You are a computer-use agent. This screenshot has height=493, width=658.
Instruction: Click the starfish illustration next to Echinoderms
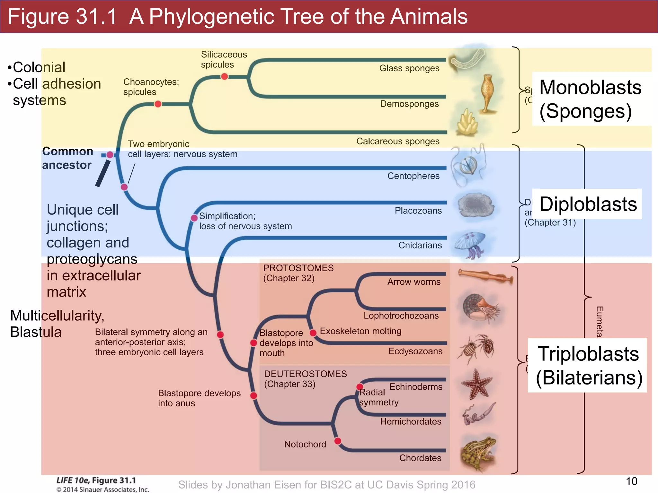(477, 384)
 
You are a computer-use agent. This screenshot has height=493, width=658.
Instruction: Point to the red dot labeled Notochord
(338, 441)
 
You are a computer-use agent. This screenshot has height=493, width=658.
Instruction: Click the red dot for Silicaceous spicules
(225, 76)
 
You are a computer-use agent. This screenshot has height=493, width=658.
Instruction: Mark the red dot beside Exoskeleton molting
(313, 333)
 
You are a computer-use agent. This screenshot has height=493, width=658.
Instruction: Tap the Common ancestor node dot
(110, 155)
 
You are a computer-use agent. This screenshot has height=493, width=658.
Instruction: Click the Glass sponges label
(409, 68)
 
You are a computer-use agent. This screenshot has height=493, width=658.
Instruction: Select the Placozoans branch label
(418, 211)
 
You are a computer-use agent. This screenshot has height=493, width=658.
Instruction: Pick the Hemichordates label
(411, 421)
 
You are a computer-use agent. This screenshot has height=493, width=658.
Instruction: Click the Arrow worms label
(414, 282)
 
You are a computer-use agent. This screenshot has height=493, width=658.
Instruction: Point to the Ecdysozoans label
(415, 351)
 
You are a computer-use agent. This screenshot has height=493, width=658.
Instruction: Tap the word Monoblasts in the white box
(590, 87)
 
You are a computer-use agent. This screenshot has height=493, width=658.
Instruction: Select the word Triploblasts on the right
(588, 354)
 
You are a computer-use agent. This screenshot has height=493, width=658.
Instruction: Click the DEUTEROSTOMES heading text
(305, 374)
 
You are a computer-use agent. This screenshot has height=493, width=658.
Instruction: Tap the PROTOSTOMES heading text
(298, 268)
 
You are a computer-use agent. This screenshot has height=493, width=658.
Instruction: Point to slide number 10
(631, 481)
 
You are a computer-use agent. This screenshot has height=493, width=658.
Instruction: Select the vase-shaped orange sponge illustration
(487, 93)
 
